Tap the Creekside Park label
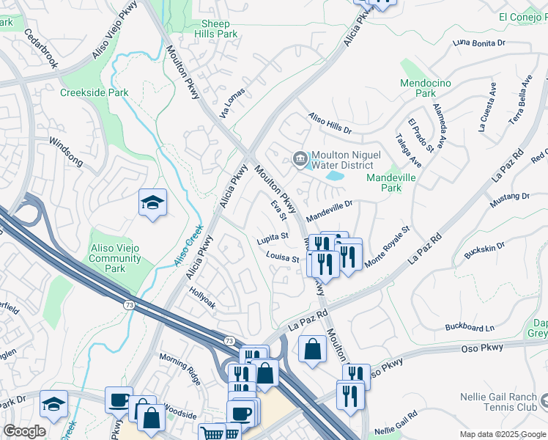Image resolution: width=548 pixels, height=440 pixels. (x=95, y=92)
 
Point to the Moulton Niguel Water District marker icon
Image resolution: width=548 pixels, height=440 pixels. (x=300, y=158)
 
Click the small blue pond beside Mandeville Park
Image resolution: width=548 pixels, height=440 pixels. (x=334, y=176)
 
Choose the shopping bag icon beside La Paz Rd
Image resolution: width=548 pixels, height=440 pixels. (x=313, y=349)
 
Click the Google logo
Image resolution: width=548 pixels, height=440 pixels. (x=25, y=431)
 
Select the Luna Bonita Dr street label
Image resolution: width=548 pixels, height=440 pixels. (x=480, y=43)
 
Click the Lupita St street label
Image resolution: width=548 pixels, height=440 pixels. (x=273, y=237)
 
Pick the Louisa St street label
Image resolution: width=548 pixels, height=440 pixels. (x=283, y=258)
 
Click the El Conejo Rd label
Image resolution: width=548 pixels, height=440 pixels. (x=523, y=16)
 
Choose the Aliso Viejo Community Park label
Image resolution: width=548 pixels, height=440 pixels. (x=115, y=259)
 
